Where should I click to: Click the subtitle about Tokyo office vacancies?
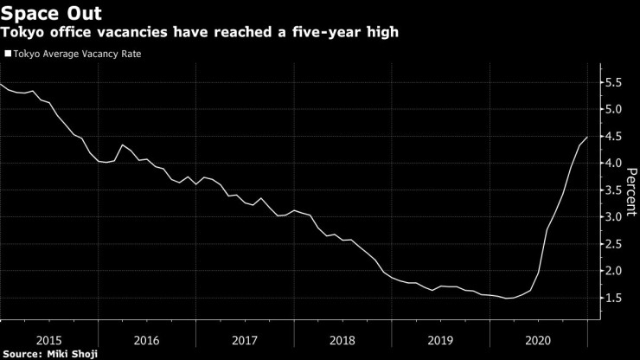[204, 32]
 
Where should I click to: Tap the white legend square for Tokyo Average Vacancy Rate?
[8, 54]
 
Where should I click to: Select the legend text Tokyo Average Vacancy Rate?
[77, 54]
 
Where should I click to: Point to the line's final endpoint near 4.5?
[587, 137]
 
